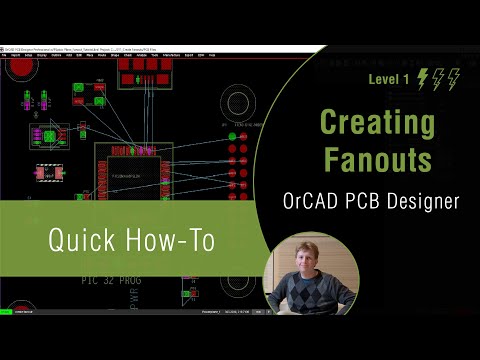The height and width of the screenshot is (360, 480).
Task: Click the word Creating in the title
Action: [x=377, y=124]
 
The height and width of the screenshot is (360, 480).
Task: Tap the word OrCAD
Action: [x=311, y=201]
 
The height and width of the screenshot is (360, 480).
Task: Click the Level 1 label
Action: [x=389, y=79]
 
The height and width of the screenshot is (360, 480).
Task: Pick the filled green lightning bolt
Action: [x=422, y=79]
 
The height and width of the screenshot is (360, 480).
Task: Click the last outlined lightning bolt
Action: [x=455, y=79]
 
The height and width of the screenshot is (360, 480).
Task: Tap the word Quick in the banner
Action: [x=86, y=240]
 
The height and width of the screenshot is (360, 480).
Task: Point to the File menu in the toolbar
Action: [x=5, y=55]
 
